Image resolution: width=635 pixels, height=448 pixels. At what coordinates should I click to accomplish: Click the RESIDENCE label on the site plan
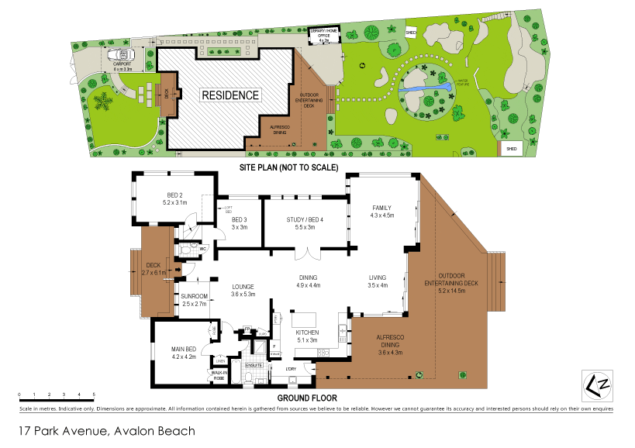pos(230,95)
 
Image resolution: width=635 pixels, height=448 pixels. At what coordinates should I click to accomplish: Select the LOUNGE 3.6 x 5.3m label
pos(243,290)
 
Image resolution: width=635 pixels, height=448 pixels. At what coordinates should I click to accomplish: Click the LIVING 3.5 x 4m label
pos(378,281)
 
